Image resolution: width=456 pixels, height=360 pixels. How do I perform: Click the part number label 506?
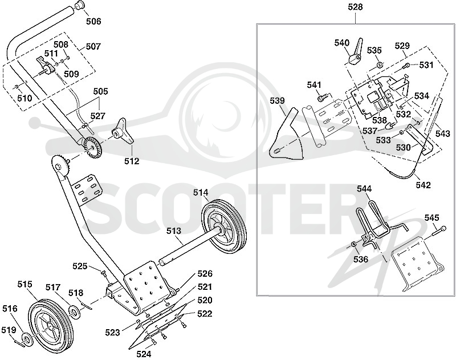(x=93, y=21)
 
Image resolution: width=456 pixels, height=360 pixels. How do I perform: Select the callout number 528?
(x=355, y=7)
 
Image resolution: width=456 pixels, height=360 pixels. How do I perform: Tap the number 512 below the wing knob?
(x=132, y=161)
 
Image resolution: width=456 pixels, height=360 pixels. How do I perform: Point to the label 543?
(x=443, y=134)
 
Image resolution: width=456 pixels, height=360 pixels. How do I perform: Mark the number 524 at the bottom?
(x=144, y=354)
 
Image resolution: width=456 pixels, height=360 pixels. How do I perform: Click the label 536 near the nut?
(x=361, y=258)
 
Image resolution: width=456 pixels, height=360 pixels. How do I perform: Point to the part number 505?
(x=100, y=91)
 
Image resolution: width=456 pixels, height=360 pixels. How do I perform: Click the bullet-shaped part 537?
(x=390, y=126)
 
